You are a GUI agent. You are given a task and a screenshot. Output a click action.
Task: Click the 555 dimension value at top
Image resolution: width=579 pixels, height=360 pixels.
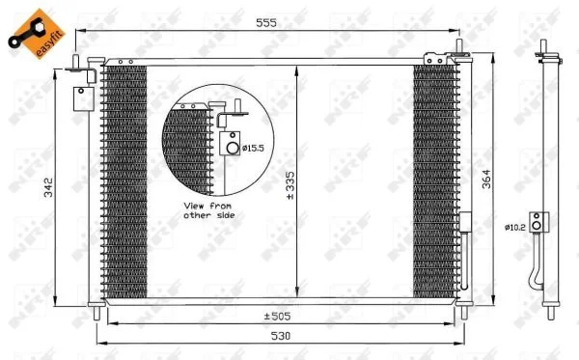point(266,23)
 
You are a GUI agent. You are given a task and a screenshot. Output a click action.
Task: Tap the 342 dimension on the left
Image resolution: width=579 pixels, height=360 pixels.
point(49,187)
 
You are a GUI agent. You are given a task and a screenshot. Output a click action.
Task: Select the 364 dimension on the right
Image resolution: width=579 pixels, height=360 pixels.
point(486,180)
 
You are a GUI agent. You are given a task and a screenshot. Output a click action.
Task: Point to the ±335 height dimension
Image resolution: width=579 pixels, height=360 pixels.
point(290,185)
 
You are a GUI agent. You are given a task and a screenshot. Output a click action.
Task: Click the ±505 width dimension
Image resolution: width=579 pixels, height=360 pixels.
point(277,317)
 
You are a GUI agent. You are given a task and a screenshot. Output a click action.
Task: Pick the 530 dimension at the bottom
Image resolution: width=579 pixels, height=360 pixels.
point(281,336)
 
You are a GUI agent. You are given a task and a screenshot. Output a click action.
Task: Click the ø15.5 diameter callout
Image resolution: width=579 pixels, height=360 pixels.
point(253,149)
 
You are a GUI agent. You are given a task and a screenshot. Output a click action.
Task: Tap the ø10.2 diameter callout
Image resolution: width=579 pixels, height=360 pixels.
point(514,228)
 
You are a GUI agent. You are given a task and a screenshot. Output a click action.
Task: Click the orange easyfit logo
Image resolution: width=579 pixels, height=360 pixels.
point(37,34)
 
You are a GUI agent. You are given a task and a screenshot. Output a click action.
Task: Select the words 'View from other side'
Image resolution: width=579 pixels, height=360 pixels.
point(209,210)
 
